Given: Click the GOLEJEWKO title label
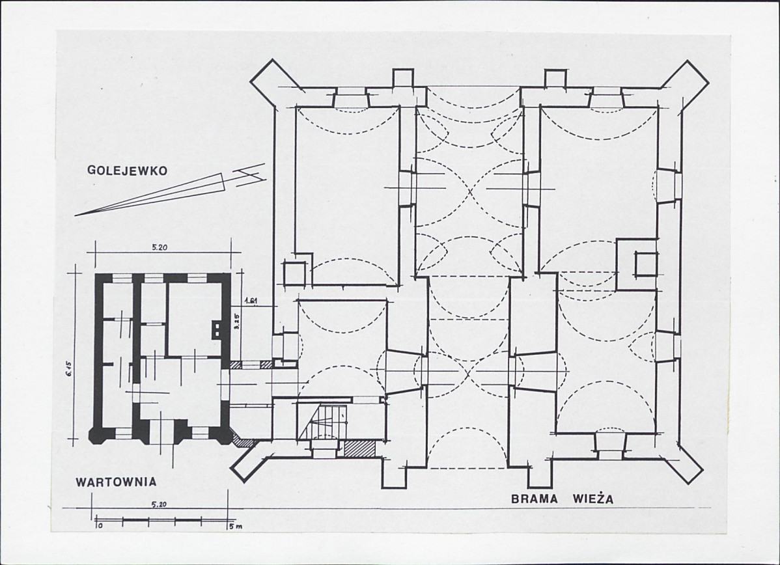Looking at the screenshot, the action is point(128,170).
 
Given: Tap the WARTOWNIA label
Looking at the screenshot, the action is point(116,482).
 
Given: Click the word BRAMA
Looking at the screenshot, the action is point(535,499).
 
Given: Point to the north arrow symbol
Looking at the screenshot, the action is point(170,189).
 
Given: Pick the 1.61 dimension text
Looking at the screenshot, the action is point(251,301).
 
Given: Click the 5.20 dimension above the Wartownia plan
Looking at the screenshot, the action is point(158,248).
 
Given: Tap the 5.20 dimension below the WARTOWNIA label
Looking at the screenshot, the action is point(158,504).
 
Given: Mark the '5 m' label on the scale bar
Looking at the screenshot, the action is point(233,526).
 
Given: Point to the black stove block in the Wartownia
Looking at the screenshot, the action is point(217,329).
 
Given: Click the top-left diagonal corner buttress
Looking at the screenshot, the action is point(271,82).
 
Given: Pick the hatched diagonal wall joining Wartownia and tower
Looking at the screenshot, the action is point(242,441).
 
